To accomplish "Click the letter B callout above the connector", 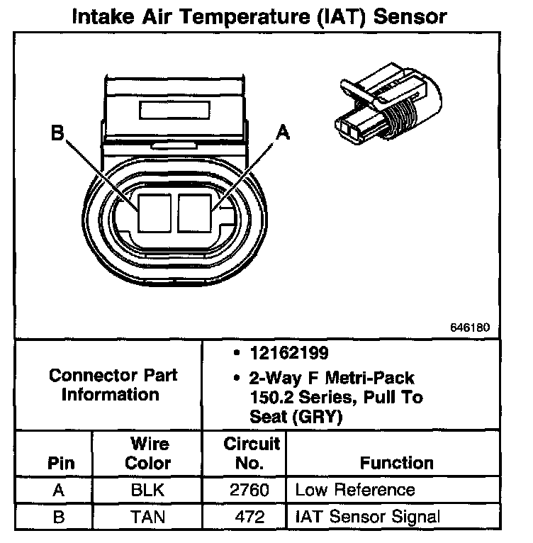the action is coord(57,133).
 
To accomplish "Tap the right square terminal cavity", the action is coord(195,212).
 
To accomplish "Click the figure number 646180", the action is coord(469,328).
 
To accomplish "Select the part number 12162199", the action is coord(279,353).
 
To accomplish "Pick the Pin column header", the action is coord(61,464).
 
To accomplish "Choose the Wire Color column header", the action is coord(150,454).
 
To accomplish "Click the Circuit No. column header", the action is coord(252,454).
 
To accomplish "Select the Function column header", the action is coord(397,464).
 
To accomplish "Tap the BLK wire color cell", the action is coord(150,490).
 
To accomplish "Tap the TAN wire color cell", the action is coord(150,516).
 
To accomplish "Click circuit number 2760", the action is coord(250,490).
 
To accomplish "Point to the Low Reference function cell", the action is coord(354,490).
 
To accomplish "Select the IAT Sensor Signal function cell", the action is coord(367,516).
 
